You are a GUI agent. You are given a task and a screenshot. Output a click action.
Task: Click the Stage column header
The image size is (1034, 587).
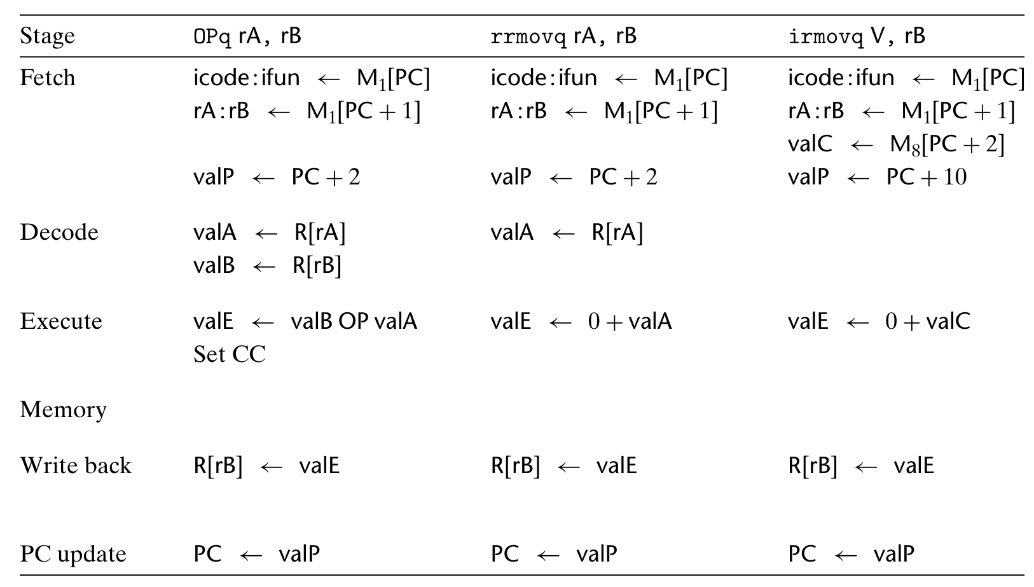[47, 36]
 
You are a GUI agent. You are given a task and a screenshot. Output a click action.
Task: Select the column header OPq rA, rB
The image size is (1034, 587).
[247, 36]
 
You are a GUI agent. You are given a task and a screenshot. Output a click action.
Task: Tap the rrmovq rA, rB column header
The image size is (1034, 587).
[563, 36]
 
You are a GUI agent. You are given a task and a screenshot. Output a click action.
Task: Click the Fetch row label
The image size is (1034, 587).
[48, 78]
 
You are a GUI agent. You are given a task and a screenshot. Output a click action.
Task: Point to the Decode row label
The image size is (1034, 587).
[59, 232]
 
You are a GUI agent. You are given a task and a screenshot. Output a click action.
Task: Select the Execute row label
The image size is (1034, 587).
[61, 321]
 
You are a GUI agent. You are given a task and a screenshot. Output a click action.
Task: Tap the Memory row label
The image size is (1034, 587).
[63, 410]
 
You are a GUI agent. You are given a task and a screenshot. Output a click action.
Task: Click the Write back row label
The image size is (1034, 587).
[76, 466]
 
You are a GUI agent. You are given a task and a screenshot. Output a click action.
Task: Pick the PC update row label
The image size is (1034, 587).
[73, 554]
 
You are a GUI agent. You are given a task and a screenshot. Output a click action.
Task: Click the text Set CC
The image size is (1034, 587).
[229, 354]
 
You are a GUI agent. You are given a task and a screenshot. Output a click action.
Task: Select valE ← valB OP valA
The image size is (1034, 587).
[305, 321]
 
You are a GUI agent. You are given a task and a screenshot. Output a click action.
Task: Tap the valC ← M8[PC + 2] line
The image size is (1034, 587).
[896, 144]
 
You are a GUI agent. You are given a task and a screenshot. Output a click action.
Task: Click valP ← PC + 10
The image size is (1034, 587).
[877, 177]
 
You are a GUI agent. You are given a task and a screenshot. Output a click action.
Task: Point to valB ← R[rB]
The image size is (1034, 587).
[267, 265]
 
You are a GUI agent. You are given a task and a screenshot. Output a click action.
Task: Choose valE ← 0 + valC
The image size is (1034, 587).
[879, 321]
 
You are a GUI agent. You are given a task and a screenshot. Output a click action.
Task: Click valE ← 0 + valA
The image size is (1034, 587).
[581, 321]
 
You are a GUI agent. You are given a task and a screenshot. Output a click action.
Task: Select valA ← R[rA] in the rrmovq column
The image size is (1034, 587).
[567, 232]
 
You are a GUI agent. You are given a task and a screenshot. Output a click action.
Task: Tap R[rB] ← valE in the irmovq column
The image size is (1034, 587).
[861, 466]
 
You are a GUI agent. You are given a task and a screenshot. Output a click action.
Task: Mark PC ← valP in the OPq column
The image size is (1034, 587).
[256, 554]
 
